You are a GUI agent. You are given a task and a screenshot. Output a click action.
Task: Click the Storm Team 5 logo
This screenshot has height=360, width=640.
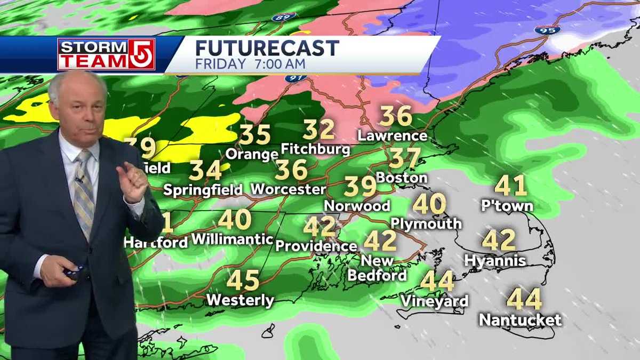tap(106, 54)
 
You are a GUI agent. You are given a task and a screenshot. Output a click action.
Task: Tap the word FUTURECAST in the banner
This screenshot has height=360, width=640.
tap(267, 48)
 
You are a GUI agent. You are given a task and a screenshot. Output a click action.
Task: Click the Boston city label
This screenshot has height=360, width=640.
tap(401, 178)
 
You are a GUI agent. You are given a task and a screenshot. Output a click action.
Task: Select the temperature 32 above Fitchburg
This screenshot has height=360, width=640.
tap(319, 130)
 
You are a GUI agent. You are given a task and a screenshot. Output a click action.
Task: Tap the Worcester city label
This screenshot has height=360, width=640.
tap(288, 189)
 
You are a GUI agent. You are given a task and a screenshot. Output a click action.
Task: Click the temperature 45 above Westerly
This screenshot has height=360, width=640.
tap(243, 281)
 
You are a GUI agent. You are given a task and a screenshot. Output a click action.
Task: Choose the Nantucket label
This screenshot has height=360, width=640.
tap(520, 320)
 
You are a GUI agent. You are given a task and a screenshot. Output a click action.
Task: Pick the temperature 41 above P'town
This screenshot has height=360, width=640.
tap(510, 186)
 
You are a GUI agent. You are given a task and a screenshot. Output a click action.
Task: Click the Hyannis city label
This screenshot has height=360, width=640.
tap(495, 261)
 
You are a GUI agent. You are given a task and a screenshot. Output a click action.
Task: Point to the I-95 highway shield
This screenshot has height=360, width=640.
tap(547, 30)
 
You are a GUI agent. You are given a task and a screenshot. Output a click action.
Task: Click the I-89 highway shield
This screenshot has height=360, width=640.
tap(283, 18)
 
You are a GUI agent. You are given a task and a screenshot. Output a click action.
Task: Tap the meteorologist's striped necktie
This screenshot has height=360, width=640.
tap(84, 192)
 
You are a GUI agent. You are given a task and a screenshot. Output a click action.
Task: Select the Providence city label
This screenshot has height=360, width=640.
tap(316, 246)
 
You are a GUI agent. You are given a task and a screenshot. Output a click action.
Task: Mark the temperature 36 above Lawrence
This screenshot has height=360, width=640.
tap(396, 116)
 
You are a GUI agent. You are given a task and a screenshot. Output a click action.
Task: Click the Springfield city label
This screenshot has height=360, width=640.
tap(203, 190)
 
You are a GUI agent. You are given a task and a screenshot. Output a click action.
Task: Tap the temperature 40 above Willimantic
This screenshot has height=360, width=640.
tap(234, 219)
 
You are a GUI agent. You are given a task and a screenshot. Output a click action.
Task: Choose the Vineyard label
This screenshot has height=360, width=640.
tap(434, 301)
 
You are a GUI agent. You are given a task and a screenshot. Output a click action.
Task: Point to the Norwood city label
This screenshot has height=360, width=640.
tap(357, 205)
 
